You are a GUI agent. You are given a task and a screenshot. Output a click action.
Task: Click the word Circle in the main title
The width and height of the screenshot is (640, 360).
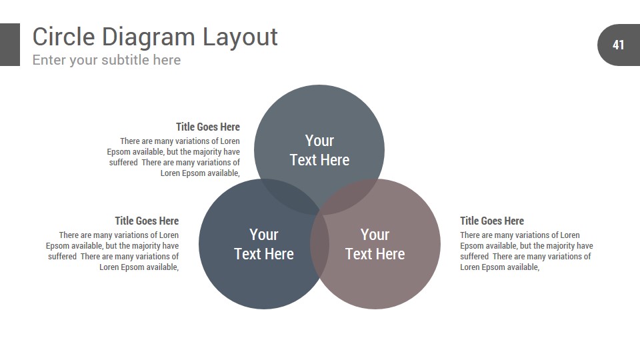point(64,37)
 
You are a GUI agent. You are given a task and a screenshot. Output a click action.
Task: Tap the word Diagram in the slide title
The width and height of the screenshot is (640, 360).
point(149,37)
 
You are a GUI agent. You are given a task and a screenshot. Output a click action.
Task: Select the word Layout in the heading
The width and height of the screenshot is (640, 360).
point(240,37)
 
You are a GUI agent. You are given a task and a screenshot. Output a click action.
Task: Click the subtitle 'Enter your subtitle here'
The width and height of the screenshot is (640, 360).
point(107,60)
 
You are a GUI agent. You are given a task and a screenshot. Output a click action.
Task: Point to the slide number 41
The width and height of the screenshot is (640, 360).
point(619,45)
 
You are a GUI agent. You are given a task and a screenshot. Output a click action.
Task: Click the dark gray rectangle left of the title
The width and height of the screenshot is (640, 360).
point(10,45)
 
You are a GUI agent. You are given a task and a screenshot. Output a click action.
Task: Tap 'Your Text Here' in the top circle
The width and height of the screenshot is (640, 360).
point(319,150)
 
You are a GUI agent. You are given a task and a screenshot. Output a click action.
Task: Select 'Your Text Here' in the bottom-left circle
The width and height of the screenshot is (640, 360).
point(264,244)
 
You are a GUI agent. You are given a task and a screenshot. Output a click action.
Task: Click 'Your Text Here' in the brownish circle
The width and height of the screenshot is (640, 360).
point(375,244)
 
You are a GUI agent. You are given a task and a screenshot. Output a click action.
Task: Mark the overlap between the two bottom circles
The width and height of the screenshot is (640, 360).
point(319,245)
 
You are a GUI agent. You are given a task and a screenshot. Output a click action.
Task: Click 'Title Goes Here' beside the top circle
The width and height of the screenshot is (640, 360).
point(208,127)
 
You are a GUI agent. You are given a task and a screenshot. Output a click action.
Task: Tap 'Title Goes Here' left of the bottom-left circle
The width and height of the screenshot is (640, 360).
point(147,221)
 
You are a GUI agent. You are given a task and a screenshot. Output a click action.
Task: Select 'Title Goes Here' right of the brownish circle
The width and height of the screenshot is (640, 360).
point(492,221)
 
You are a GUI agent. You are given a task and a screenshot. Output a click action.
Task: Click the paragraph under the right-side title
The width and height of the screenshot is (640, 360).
point(527,251)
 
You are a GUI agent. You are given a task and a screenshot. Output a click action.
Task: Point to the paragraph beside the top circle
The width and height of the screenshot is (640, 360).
point(173,157)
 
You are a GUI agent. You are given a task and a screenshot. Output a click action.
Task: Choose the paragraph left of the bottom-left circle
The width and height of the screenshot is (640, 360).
point(112,251)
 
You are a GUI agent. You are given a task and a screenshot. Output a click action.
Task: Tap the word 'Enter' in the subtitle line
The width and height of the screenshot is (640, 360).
point(49,60)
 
